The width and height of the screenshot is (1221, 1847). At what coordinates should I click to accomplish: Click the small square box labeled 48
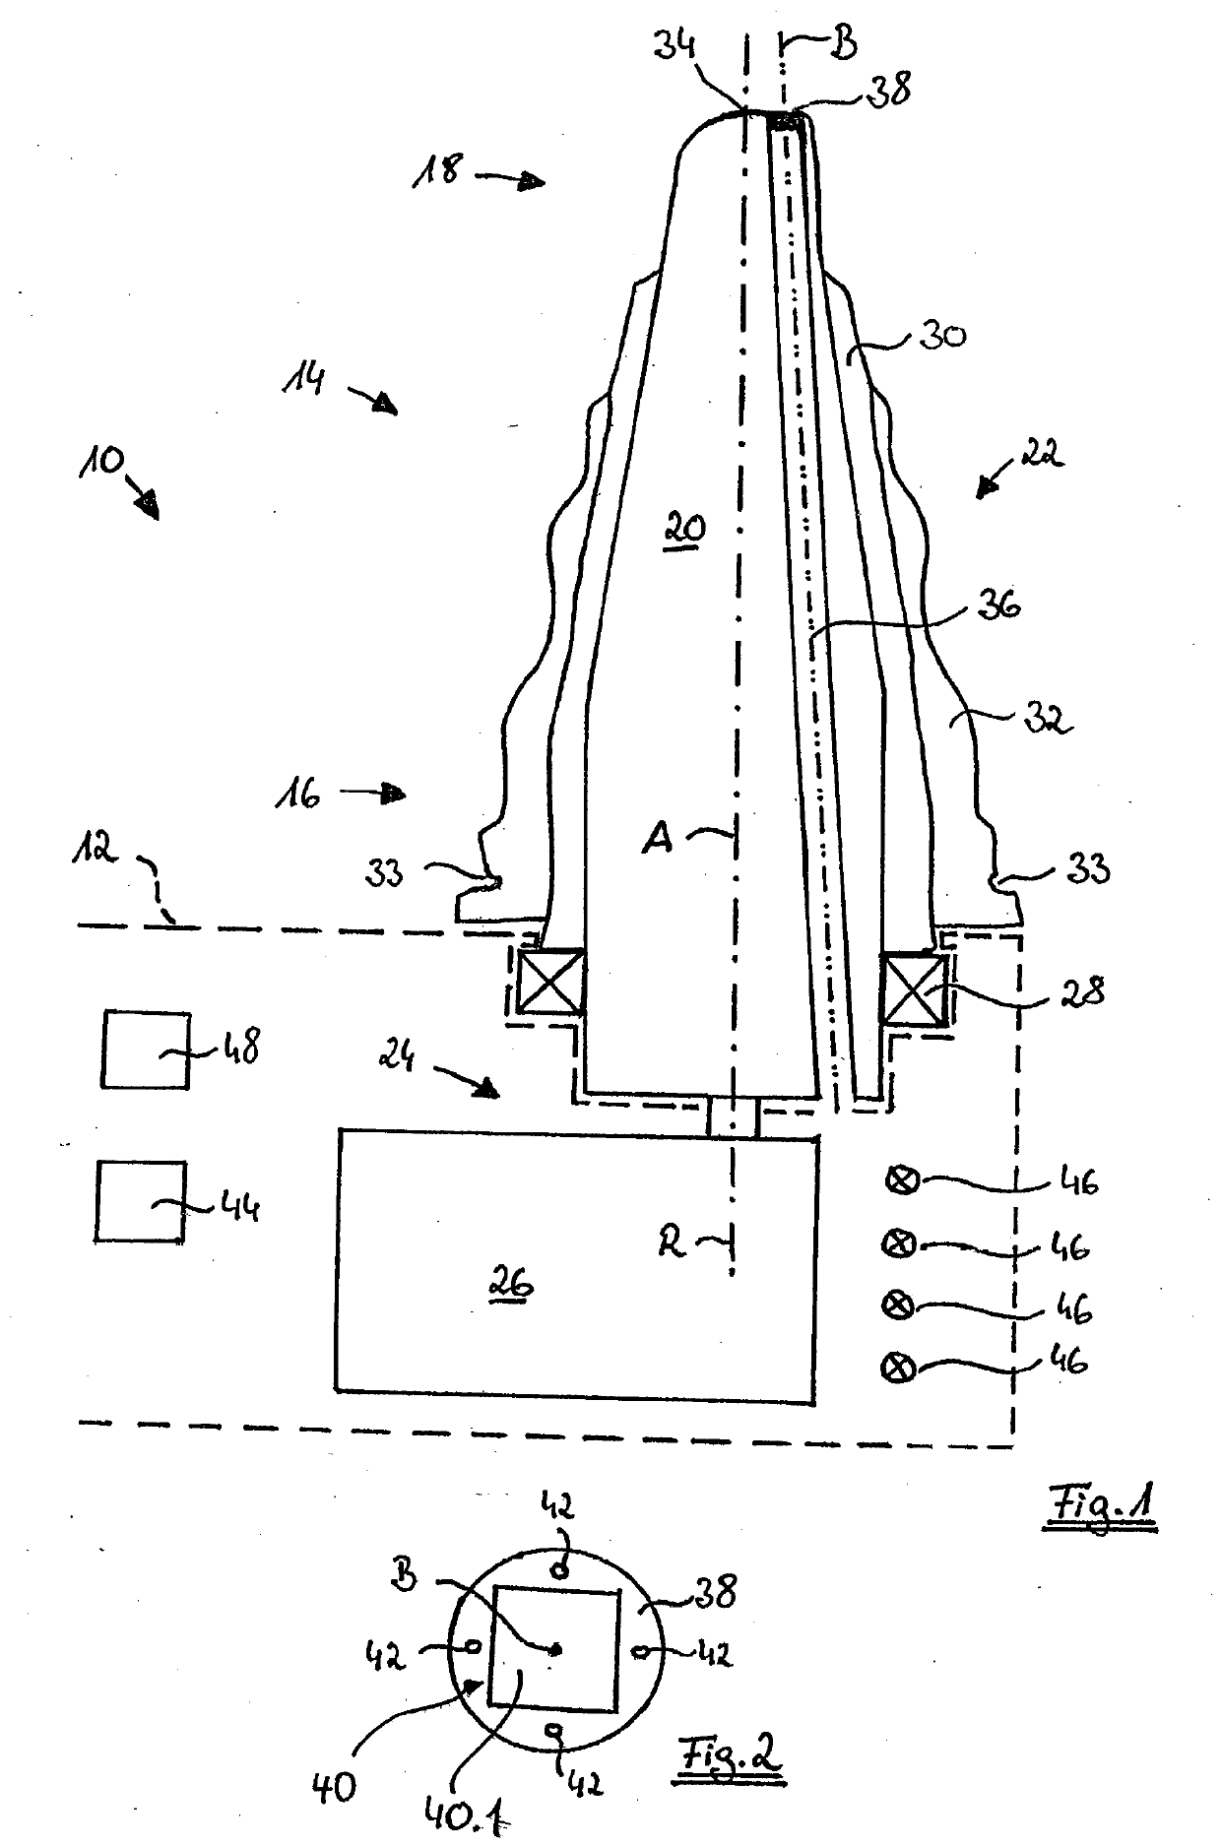click(x=146, y=1049)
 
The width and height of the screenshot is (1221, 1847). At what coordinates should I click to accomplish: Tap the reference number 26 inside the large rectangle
click(x=512, y=1283)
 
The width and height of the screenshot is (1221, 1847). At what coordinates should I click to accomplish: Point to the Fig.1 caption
click(x=1100, y=1507)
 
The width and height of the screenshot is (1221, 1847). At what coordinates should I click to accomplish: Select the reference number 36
click(x=996, y=605)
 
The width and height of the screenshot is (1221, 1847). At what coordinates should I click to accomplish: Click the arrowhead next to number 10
click(x=149, y=505)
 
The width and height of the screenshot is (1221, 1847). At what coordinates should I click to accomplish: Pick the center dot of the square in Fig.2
click(x=556, y=1649)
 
